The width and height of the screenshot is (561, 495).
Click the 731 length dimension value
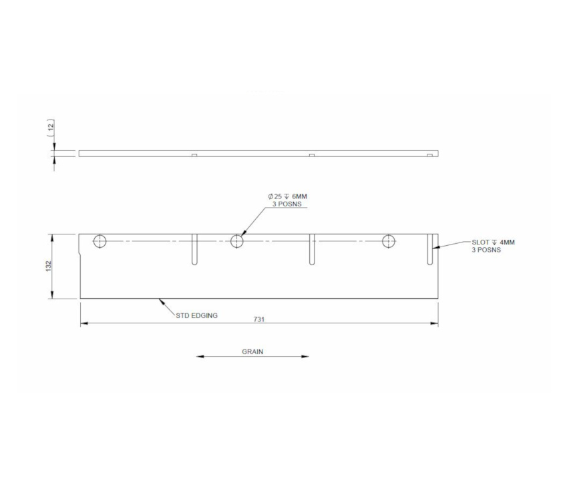(x=259, y=319)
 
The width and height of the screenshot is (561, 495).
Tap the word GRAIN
(x=252, y=351)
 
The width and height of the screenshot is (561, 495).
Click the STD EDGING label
(x=196, y=315)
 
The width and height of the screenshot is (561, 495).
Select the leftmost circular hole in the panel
(x=100, y=241)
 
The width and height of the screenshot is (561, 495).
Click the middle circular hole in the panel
(x=237, y=241)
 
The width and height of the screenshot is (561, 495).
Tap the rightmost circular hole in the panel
(x=389, y=241)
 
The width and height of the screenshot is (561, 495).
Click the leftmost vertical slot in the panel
(x=194, y=250)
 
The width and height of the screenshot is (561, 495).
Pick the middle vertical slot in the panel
(x=311, y=250)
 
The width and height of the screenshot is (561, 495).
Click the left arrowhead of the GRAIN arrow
(x=199, y=357)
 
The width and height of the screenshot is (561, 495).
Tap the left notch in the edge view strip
(x=194, y=155)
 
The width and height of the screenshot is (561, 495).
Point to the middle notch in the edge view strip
(x=311, y=155)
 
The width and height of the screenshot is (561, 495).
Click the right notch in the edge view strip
(x=430, y=155)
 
